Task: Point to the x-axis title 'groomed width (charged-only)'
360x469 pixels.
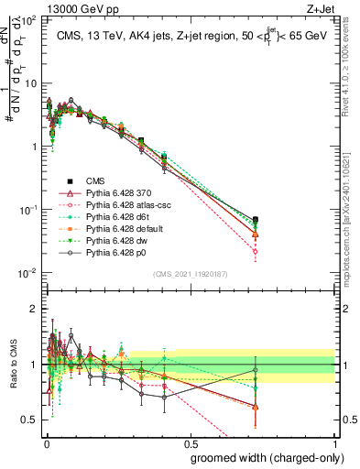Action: (x=261, y=457)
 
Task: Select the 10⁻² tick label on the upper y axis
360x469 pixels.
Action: (x=29, y=273)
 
